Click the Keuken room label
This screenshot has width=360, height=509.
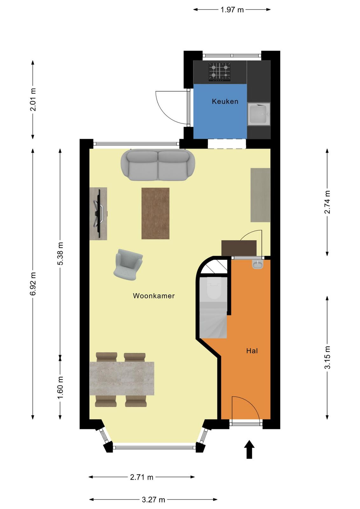coord(225,101)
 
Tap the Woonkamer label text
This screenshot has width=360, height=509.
coord(154,296)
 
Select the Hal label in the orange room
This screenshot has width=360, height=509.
coord(252,351)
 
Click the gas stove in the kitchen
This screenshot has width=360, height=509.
coord(219,72)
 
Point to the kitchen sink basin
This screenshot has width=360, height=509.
coord(259,114)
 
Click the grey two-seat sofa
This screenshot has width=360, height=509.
coord(158,165)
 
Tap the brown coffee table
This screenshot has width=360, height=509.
coord(156,213)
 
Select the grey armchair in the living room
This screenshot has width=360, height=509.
coord(128,265)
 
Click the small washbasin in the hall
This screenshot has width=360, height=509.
coord(258,264)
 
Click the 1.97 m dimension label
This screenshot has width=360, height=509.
coord(232,10)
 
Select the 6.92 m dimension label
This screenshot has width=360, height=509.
coord(33,284)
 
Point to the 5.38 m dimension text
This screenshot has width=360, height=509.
coord(60,253)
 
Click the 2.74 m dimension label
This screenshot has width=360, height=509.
coord(327,202)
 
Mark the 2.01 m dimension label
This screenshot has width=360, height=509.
coord(33,99)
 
